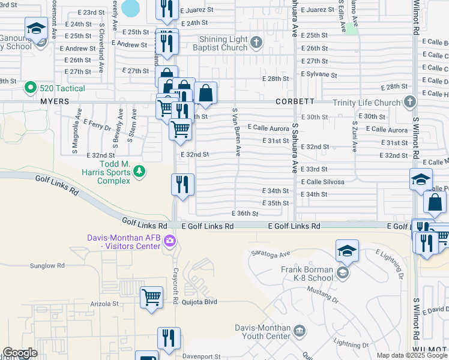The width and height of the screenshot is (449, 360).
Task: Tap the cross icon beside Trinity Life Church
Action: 411,102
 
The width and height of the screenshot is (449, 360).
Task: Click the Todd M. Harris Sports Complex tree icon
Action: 139,172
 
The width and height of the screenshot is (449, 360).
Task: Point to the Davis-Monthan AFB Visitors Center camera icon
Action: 170,241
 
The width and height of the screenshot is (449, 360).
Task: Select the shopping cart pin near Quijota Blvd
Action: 151,297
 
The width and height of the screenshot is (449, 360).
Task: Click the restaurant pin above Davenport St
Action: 169,338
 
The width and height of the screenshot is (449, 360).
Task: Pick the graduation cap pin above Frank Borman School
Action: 346,251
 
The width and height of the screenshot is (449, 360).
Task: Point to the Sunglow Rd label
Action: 47,265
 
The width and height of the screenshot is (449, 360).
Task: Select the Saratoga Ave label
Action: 271,254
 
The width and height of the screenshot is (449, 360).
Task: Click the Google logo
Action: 20,353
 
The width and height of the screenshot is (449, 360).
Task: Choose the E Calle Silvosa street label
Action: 322,182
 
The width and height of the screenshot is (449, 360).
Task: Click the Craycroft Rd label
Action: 176,282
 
